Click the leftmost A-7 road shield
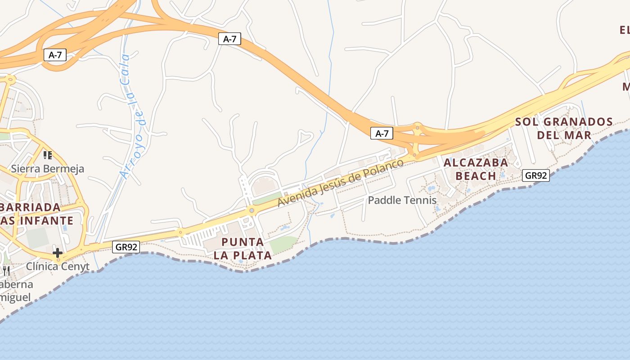point(55,55)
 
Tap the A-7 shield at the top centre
point(229,39)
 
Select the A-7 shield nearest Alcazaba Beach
point(382,133)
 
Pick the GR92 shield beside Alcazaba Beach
point(535,175)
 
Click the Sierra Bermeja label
point(48,169)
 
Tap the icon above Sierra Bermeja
point(48,155)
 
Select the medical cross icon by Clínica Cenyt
point(58,253)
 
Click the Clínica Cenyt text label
point(58,266)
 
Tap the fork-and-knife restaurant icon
point(6,270)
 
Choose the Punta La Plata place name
point(243,249)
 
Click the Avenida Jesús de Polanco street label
point(340,182)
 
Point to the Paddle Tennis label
point(402,200)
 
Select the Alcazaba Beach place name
point(476,169)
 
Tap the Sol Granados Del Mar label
point(564,128)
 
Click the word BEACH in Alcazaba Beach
point(476,175)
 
